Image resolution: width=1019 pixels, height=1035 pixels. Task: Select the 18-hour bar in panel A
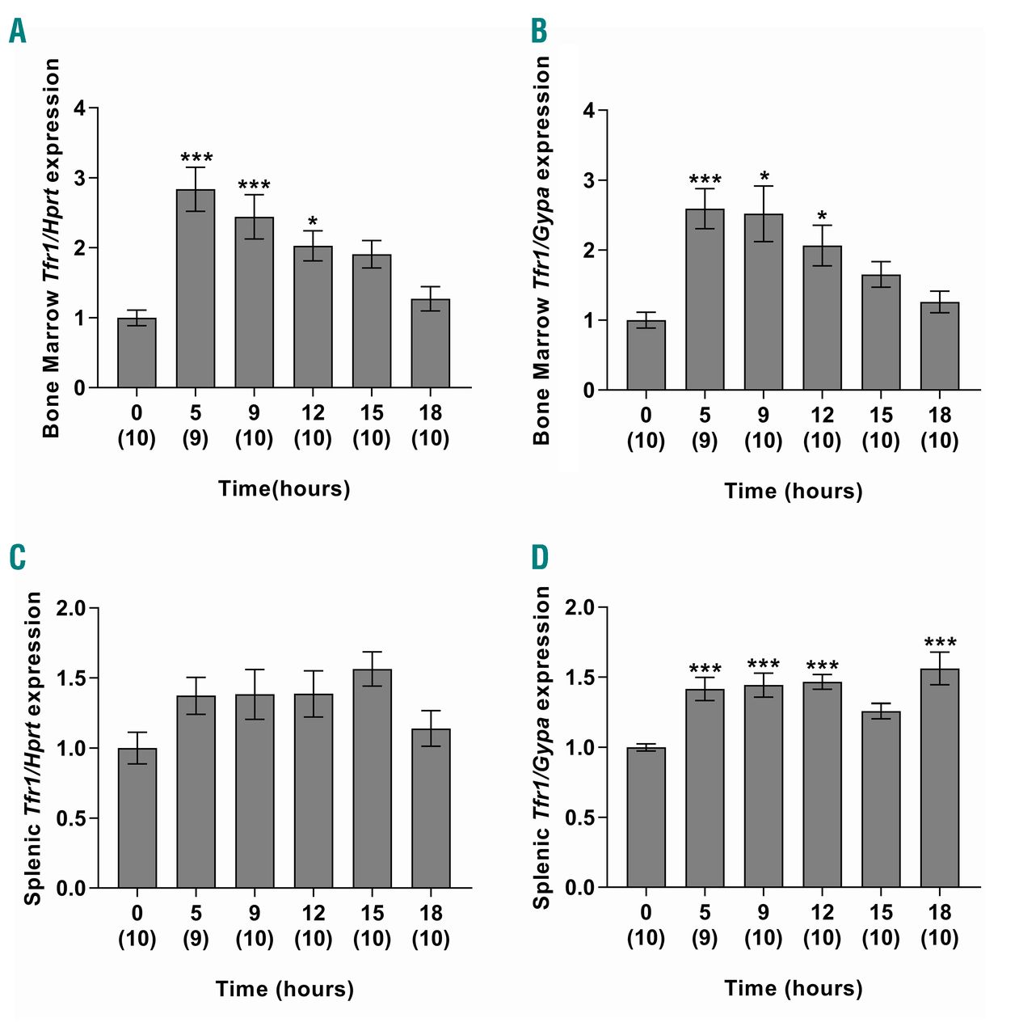click(431, 344)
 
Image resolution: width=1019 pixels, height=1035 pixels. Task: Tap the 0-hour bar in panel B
click(646, 356)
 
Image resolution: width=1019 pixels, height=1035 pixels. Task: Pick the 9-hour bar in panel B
click(764, 302)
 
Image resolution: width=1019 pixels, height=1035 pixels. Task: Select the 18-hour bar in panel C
click(431, 809)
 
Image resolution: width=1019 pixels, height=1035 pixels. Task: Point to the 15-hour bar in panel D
click(881, 800)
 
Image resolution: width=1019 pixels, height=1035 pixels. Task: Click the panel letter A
click(18, 32)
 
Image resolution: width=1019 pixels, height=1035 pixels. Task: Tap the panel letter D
click(539, 557)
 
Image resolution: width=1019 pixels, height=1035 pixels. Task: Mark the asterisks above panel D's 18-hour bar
click(940, 644)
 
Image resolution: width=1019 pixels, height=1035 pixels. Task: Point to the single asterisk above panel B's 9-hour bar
click(764, 176)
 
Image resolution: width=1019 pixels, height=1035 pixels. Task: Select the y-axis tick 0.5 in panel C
click(72, 818)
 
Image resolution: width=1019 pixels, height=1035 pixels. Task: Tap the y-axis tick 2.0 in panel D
click(579, 608)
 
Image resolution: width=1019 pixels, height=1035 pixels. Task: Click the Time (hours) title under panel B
click(793, 491)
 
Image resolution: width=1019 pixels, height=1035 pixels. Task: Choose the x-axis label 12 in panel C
click(313, 913)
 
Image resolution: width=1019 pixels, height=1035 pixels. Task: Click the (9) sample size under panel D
click(705, 938)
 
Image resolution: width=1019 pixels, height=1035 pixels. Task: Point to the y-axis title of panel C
click(33, 748)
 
